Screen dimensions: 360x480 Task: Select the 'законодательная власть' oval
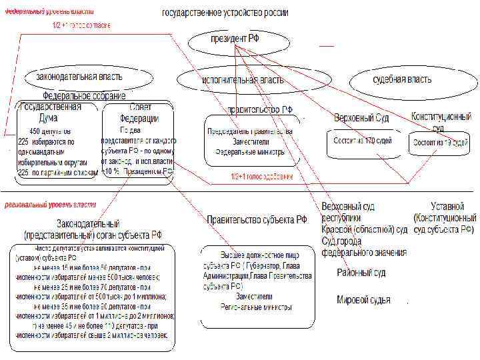[x=75, y=76]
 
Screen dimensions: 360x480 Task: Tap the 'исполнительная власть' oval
[x=242, y=80]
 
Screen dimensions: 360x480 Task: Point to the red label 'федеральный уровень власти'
[x=49, y=12]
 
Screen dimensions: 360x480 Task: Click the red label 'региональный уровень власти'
[x=50, y=205]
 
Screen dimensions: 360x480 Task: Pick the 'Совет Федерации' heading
[x=139, y=113]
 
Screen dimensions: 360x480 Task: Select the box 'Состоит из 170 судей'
[x=363, y=141]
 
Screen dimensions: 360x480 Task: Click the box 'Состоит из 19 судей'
[x=440, y=143]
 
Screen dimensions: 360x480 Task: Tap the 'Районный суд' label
[x=361, y=273]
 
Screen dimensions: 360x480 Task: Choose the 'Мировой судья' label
[x=363, y=299]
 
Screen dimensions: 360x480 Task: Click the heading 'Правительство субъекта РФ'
[x=257, y=219]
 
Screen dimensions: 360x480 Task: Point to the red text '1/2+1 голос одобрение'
[x=262, y=177]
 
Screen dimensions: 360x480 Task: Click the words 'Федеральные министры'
[x=250, y=151]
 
